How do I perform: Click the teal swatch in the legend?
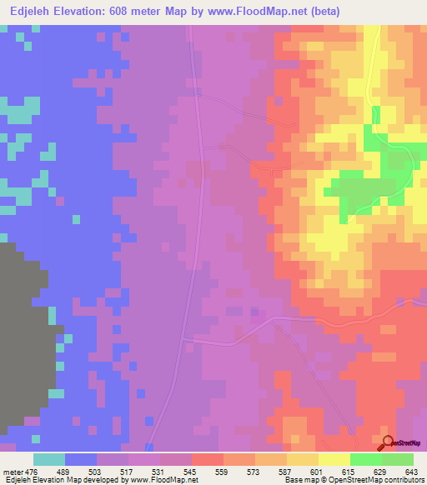click(49, 459)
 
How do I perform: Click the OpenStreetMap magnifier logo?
click(389, 442)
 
